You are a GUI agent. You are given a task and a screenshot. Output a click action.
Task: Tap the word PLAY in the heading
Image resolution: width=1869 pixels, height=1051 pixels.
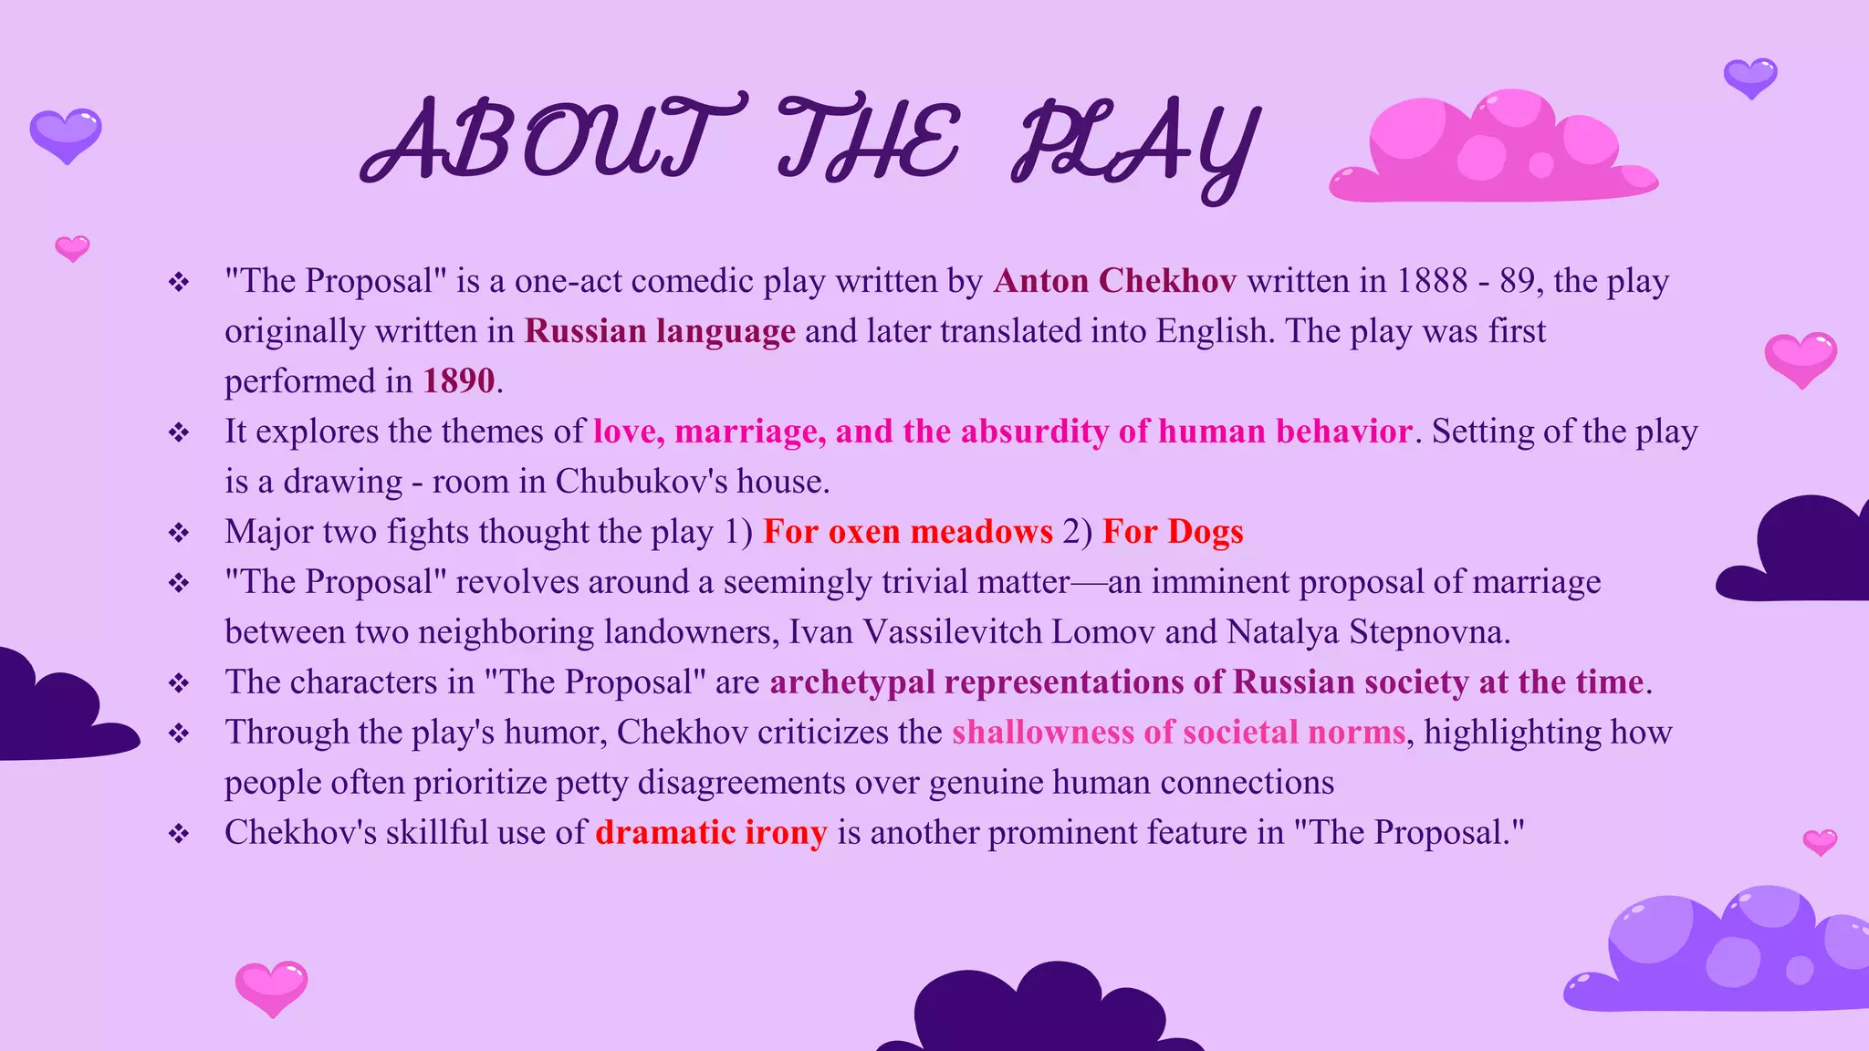point(1136,146)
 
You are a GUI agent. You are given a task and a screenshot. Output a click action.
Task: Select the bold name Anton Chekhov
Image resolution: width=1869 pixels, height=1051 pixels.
point(1115,281)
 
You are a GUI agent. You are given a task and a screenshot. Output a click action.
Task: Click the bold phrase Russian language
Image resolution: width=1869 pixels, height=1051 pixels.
point(660,331)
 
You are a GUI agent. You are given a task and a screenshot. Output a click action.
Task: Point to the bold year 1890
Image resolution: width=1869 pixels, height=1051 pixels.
point(458,381)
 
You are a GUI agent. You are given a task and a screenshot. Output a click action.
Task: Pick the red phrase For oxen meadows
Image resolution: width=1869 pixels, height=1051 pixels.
point(908,532)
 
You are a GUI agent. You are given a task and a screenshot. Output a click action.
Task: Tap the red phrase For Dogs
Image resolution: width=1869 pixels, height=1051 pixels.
point(1173,532)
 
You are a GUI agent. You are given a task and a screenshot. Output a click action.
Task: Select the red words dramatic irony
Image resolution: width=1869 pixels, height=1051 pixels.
point(711,833)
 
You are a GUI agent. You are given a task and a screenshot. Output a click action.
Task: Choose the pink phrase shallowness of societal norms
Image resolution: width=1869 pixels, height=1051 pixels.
point(1178,733)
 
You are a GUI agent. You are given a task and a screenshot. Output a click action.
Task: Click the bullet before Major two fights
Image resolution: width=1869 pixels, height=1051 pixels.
point(179,533)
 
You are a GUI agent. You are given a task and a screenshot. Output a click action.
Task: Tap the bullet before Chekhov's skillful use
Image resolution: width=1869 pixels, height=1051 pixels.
point(179,834)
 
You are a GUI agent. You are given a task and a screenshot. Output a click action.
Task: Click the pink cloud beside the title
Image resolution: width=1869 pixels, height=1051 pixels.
point(1493,151)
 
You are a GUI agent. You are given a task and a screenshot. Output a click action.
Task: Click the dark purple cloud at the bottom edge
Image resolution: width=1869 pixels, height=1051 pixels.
point(1040,1013)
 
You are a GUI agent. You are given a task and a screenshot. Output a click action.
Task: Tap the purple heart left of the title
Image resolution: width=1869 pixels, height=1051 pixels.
point(66,135)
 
